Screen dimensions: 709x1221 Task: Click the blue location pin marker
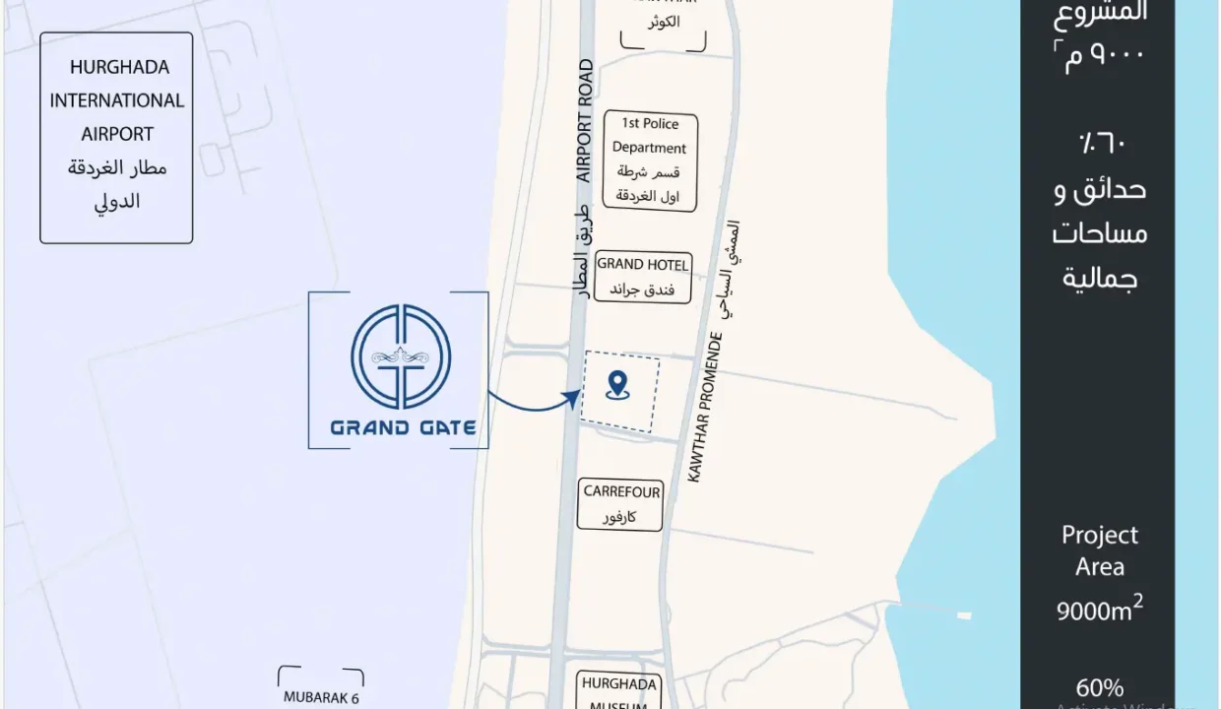pyautogui.click(x=617, y=385)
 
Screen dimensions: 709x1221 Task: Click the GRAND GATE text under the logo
pyautogui.click(x=403, y=427)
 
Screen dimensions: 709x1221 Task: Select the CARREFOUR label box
pyautogui.click(x=621, y=503)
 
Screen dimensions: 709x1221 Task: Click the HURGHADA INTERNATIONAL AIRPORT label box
pyautogui.click(x=116, y=137)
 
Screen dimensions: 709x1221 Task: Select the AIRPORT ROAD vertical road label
pyautogui.click(x=585, y=121)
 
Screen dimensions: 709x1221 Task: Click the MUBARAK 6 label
pyautogui.click(x=321, y=697)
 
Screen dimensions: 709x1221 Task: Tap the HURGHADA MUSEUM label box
pyautogui.click(x=618, y=691)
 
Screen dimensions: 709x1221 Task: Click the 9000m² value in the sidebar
pyautogui.click(x=1099, y=610)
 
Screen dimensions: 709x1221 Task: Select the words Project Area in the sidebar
pyautogui.click(x=1099, y=551)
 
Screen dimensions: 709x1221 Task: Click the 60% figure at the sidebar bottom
pyautogui.click(x=1099, y=687)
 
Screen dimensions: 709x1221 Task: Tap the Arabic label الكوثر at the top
pyautogui.click(x=663, y=24)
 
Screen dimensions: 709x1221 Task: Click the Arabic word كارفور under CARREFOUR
pyautogui.click(x=619, y=517)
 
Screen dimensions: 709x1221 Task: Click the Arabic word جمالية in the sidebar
pyautogui.click(x=1099, y=279)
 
